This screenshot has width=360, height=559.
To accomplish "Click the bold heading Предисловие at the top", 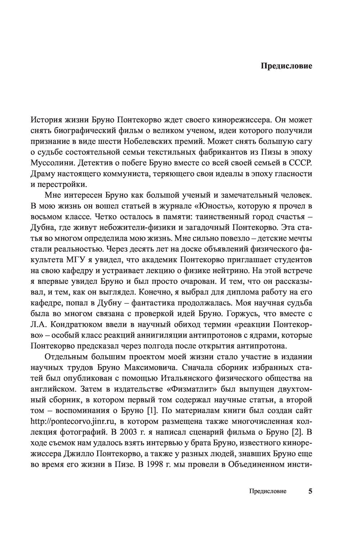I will [286, 66].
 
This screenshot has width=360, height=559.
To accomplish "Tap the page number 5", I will [310, 491].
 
